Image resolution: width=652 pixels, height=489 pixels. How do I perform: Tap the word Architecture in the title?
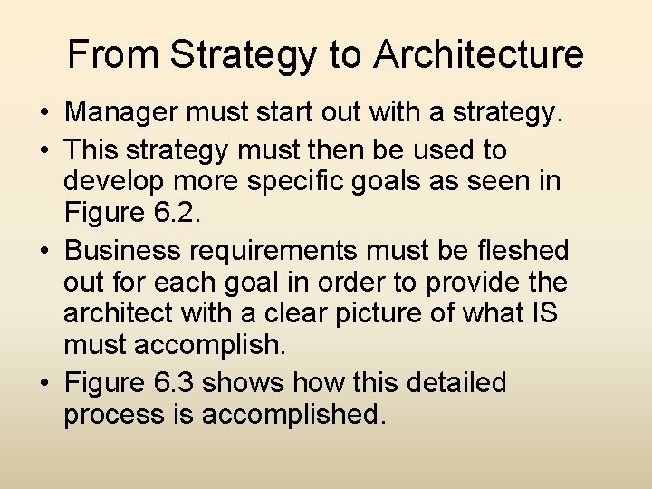pos(479,54)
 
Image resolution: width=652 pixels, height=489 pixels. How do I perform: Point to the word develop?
pos(112,180)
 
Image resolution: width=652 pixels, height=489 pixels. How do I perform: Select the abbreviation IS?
pos(542,314)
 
